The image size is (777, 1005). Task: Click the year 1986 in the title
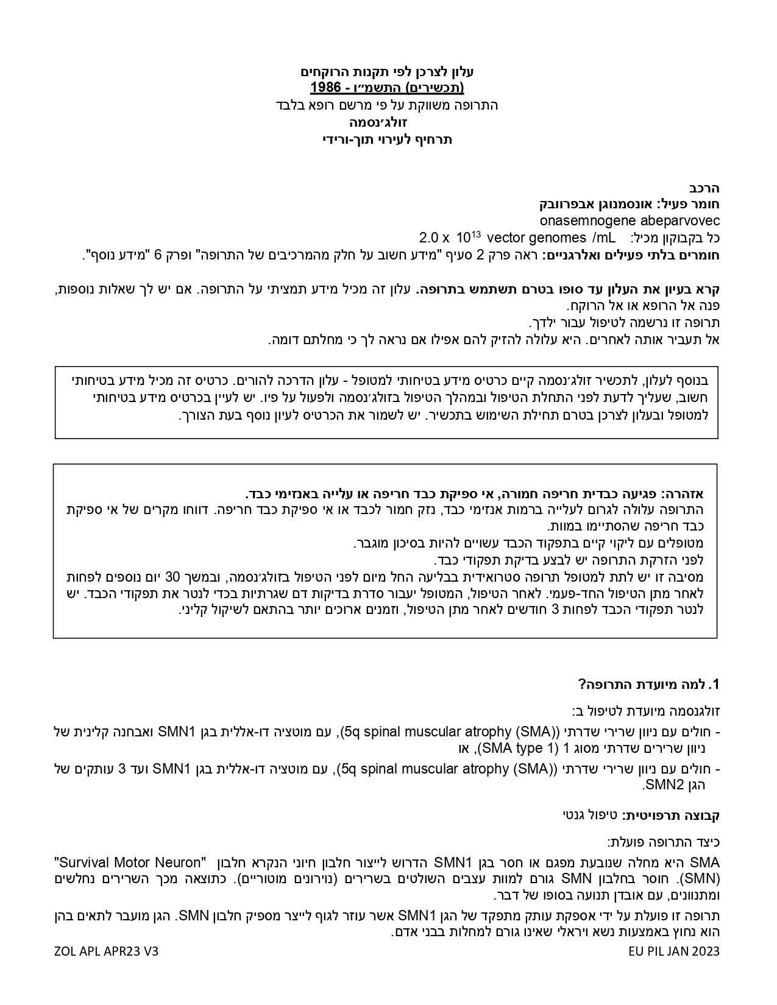326,88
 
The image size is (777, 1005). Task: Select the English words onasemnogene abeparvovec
630,220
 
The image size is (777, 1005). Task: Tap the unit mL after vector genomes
603,238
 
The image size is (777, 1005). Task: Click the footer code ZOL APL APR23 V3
106,951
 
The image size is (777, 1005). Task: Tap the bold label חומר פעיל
690,203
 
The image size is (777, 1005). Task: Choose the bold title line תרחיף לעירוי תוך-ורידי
388,139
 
